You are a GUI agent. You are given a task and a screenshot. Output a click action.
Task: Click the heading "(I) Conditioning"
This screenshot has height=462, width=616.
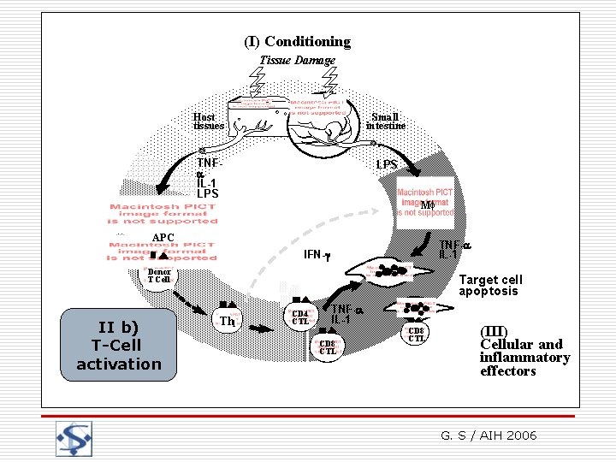pyautogui.click(x=297, y=41)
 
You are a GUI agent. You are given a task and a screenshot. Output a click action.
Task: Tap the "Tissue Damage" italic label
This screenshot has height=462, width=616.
pyautogui.click(x=297, y=60)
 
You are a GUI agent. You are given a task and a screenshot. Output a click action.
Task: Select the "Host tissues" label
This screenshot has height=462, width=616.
pyautogui.click(x=208, y=121)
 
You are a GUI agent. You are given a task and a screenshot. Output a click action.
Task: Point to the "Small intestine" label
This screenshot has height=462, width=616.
pyautogui.click(x=385, y=121)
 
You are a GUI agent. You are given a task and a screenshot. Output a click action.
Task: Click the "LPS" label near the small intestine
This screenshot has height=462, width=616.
pyautogui.click(x=387, y=163)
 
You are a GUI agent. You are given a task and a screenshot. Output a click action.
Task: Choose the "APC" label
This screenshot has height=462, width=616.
pyautogui.click(x=163, y=238)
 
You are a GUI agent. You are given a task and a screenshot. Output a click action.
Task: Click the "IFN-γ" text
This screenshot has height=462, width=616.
pyautogui.click(x=318, y=255)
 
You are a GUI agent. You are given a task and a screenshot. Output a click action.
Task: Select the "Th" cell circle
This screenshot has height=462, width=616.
pyautogui.click(x=227, y=321)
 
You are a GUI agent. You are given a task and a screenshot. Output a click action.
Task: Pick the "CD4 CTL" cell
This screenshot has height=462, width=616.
pyautogui.click(x=300, y=317)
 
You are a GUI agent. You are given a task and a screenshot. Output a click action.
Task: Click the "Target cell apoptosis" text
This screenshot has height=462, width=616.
pyautogui.click(x=490, y=285)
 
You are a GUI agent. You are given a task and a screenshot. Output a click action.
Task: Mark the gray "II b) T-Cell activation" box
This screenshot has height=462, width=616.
pyautogui.click(x=119, y=345)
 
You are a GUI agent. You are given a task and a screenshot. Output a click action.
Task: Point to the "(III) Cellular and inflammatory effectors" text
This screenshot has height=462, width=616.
pyautogui.click(x=524, y=351)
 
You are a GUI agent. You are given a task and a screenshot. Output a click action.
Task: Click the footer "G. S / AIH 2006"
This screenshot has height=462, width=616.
pyautogui.click(x=489, y=435)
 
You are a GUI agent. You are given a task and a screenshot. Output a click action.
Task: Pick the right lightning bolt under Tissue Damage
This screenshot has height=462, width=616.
pyautogui.click(x=329, y=83)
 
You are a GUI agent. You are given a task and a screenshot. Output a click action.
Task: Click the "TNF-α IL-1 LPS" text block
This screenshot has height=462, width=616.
pyautogui.click(x=207, y=178)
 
